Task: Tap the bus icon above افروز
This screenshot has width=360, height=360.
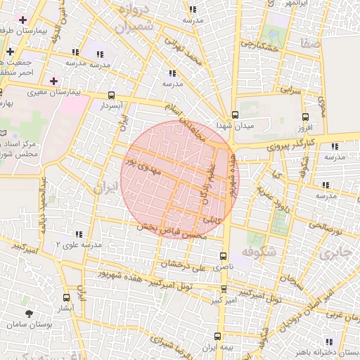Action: [x=304, y=117]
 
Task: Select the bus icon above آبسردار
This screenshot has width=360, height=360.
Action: [x=111, y=95]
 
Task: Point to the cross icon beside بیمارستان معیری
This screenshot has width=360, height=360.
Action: [x=53, y=81]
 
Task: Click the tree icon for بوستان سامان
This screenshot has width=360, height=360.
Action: [x=29, y=314]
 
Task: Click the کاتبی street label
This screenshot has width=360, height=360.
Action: [x=212, y=220]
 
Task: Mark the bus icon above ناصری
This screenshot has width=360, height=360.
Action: [x=224, y=256]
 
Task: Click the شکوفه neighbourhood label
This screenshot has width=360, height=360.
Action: [x=256, y=250]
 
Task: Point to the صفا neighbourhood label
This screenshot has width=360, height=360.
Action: [x=309, y=44]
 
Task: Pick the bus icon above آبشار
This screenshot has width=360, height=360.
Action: [x=65, y=297]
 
